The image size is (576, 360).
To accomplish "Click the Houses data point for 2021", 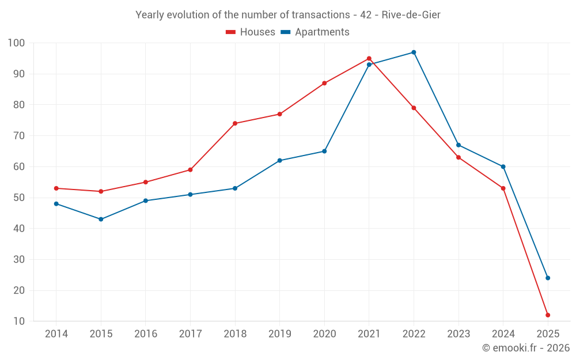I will tap(369, 59).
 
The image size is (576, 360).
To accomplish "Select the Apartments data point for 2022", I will tap(414, 52).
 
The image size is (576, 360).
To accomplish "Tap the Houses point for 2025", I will tap(548, 315).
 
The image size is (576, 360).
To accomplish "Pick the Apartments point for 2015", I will tap(101, 219).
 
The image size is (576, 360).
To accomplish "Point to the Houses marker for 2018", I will tap(235, 123).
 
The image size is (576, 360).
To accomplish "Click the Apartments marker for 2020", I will tap(324, 151).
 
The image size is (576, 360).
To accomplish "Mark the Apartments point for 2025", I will tap(548, 278).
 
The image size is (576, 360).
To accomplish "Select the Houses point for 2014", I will tap(56, 188).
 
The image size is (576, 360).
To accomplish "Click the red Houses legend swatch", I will tap(230, 32).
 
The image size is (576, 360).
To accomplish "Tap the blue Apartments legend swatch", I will tap(285, 32).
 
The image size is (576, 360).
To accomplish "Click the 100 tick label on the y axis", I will tap(17, 43).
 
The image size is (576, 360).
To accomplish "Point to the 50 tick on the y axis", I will tap(19, 198).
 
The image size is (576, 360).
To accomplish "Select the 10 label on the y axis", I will tap(19, 321).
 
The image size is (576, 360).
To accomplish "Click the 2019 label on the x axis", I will tap(280, 334).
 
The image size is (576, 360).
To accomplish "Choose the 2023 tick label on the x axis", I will tap(458, 334).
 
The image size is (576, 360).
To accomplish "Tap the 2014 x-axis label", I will tap(56, 334).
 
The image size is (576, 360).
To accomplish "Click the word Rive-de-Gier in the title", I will tap(411, 15).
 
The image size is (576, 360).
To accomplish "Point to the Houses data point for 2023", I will tap(458, 157).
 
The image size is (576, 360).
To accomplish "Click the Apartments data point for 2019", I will tap(280, 161).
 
